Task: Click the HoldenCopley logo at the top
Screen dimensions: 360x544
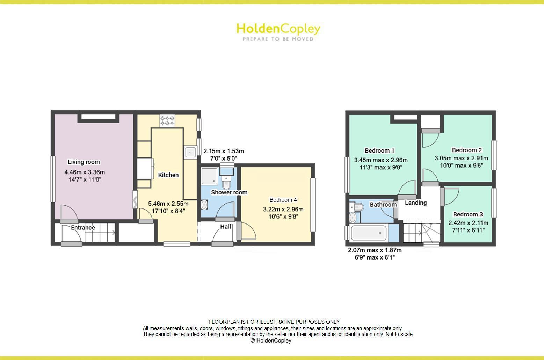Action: point(278,31)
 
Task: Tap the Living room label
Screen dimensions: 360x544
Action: point(84,162)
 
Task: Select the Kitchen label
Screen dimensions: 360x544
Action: point(168,175)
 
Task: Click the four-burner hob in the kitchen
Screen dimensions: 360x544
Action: point(167,121)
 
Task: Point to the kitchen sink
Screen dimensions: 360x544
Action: point(190,152)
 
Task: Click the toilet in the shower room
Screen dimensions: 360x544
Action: point(226,182)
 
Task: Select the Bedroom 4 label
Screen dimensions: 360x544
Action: point(283,200)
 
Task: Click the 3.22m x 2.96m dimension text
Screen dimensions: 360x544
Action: point(283,209)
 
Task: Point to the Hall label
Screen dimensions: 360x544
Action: point(226,227)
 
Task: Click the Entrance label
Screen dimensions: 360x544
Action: point(83,228)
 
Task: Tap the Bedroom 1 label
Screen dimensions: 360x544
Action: point(379,150)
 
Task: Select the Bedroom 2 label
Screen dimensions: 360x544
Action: point(467,150)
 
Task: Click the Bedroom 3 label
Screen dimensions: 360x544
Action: point(468,214)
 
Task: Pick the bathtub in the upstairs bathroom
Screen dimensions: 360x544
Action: point(369,233)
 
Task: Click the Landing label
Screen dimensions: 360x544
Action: point(416,203)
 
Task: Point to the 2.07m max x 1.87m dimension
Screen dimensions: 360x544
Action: point(375,250)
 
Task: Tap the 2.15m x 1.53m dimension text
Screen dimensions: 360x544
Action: point(224,151)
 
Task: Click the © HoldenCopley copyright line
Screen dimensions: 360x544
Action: point(271,340)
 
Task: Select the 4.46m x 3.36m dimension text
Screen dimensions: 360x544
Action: point(85,172)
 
